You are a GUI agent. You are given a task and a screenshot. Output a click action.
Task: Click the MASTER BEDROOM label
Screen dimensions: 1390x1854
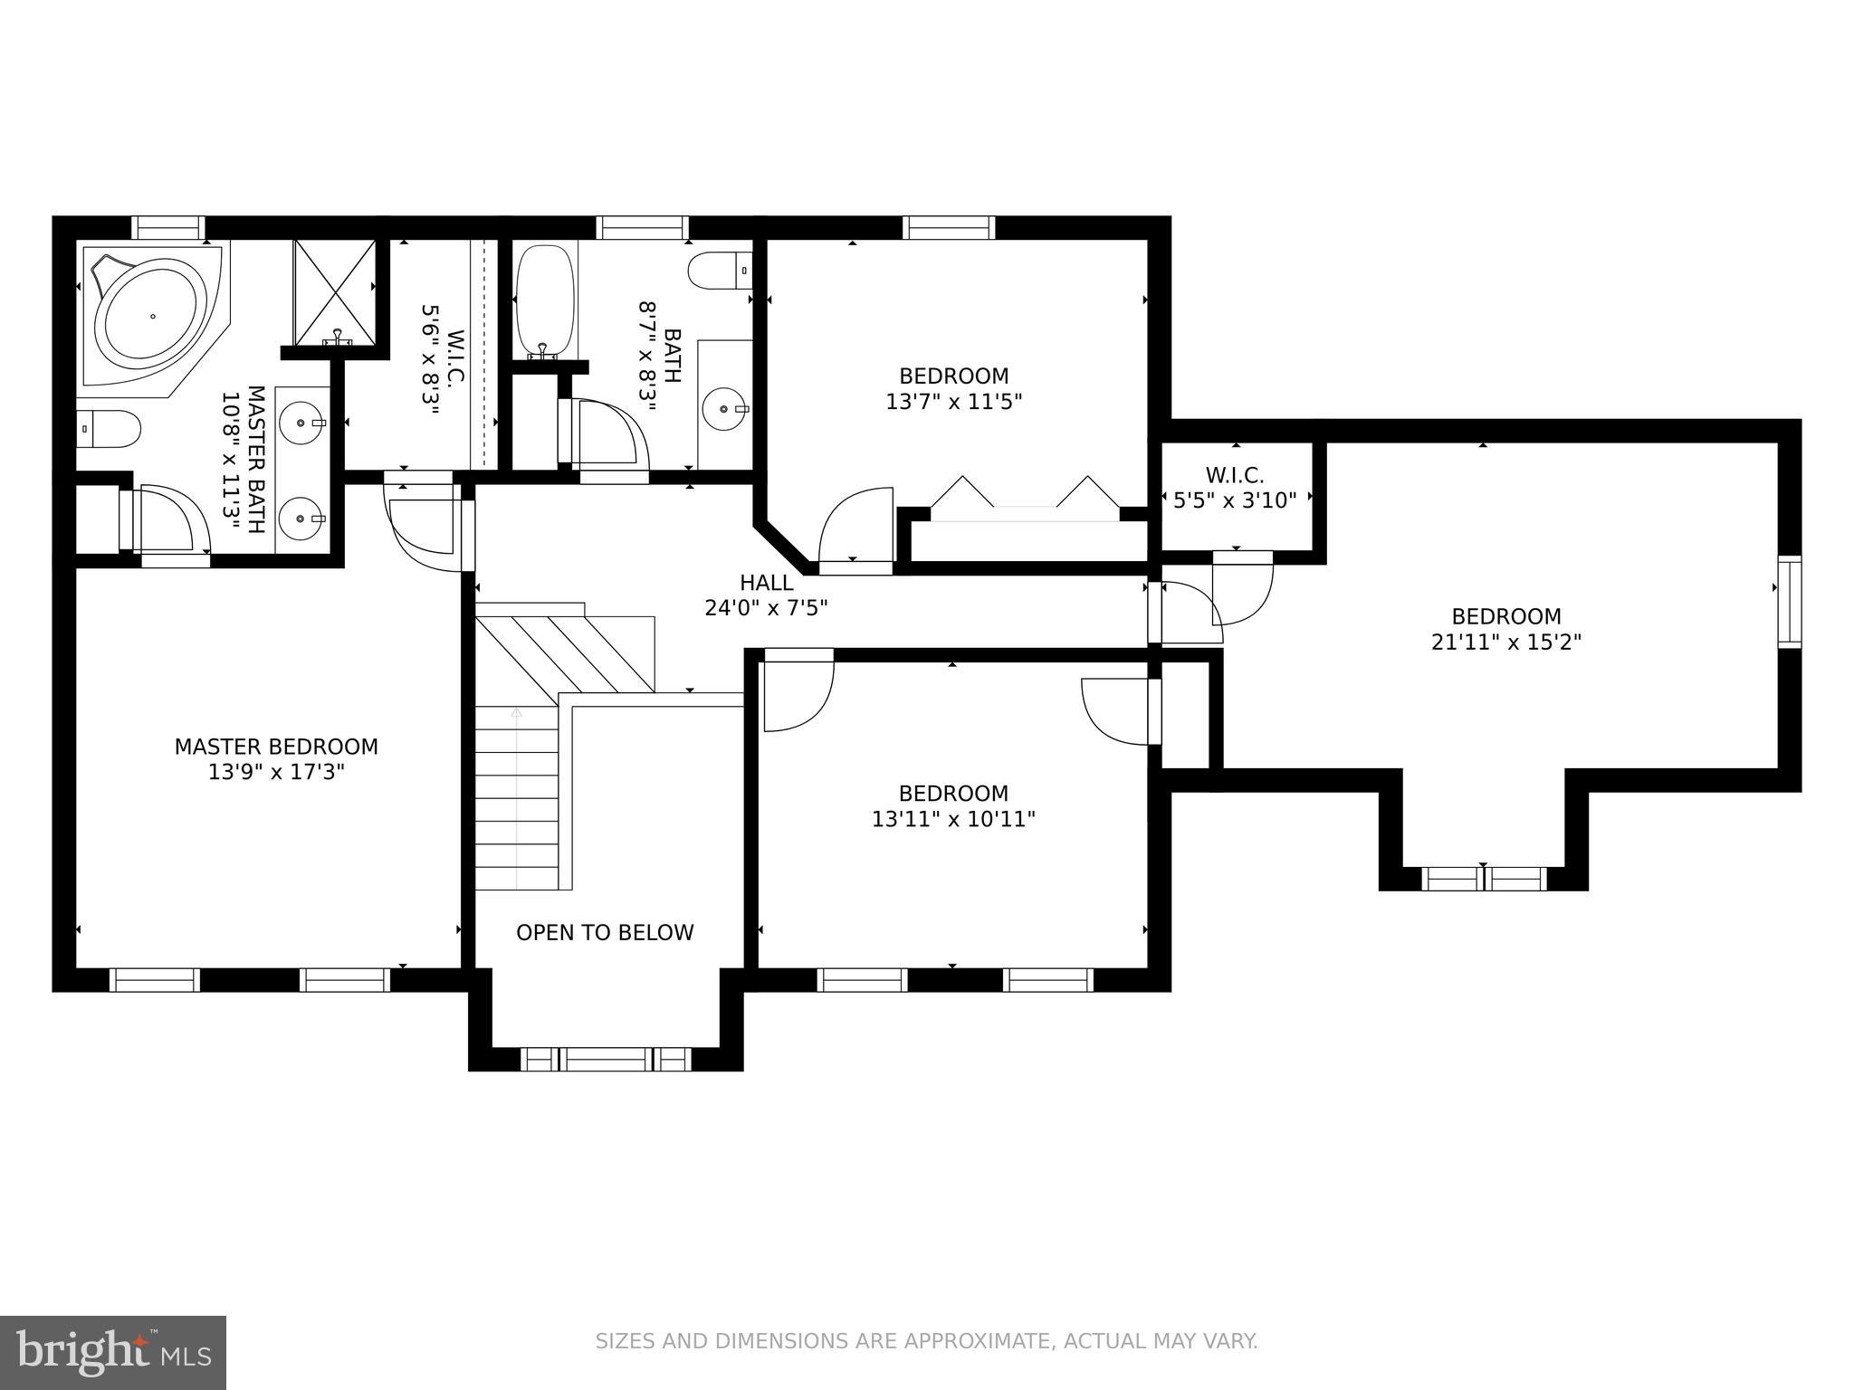276,747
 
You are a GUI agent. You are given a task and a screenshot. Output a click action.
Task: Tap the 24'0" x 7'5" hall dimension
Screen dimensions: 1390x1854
766,608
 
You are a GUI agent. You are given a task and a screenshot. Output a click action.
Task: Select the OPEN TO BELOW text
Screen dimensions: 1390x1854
605,932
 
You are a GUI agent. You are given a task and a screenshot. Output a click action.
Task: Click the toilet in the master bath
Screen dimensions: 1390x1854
109,429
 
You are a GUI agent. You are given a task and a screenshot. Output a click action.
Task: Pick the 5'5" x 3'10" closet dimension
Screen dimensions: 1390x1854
1235,500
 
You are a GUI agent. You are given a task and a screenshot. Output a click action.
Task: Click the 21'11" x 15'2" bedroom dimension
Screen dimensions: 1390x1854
1506,643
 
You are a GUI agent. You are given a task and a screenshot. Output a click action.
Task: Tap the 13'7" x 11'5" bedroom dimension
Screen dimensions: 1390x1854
953,402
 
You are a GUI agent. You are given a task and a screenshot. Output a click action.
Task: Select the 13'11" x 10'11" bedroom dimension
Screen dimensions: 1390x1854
953,819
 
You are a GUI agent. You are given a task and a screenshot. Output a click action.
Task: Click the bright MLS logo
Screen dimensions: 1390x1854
113,1352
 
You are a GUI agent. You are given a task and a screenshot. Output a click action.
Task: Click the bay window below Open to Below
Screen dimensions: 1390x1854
606,1059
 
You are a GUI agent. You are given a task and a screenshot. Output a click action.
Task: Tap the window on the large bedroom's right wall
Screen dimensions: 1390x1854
1789,602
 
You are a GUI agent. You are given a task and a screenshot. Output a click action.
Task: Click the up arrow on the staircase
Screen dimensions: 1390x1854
516,713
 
